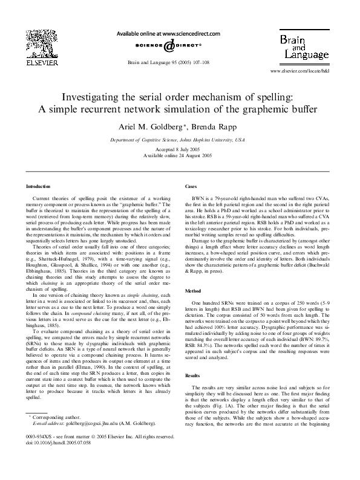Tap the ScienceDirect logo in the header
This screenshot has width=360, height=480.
(x=168, y=48)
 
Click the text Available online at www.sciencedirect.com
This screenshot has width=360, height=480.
(x=168, y=34)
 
